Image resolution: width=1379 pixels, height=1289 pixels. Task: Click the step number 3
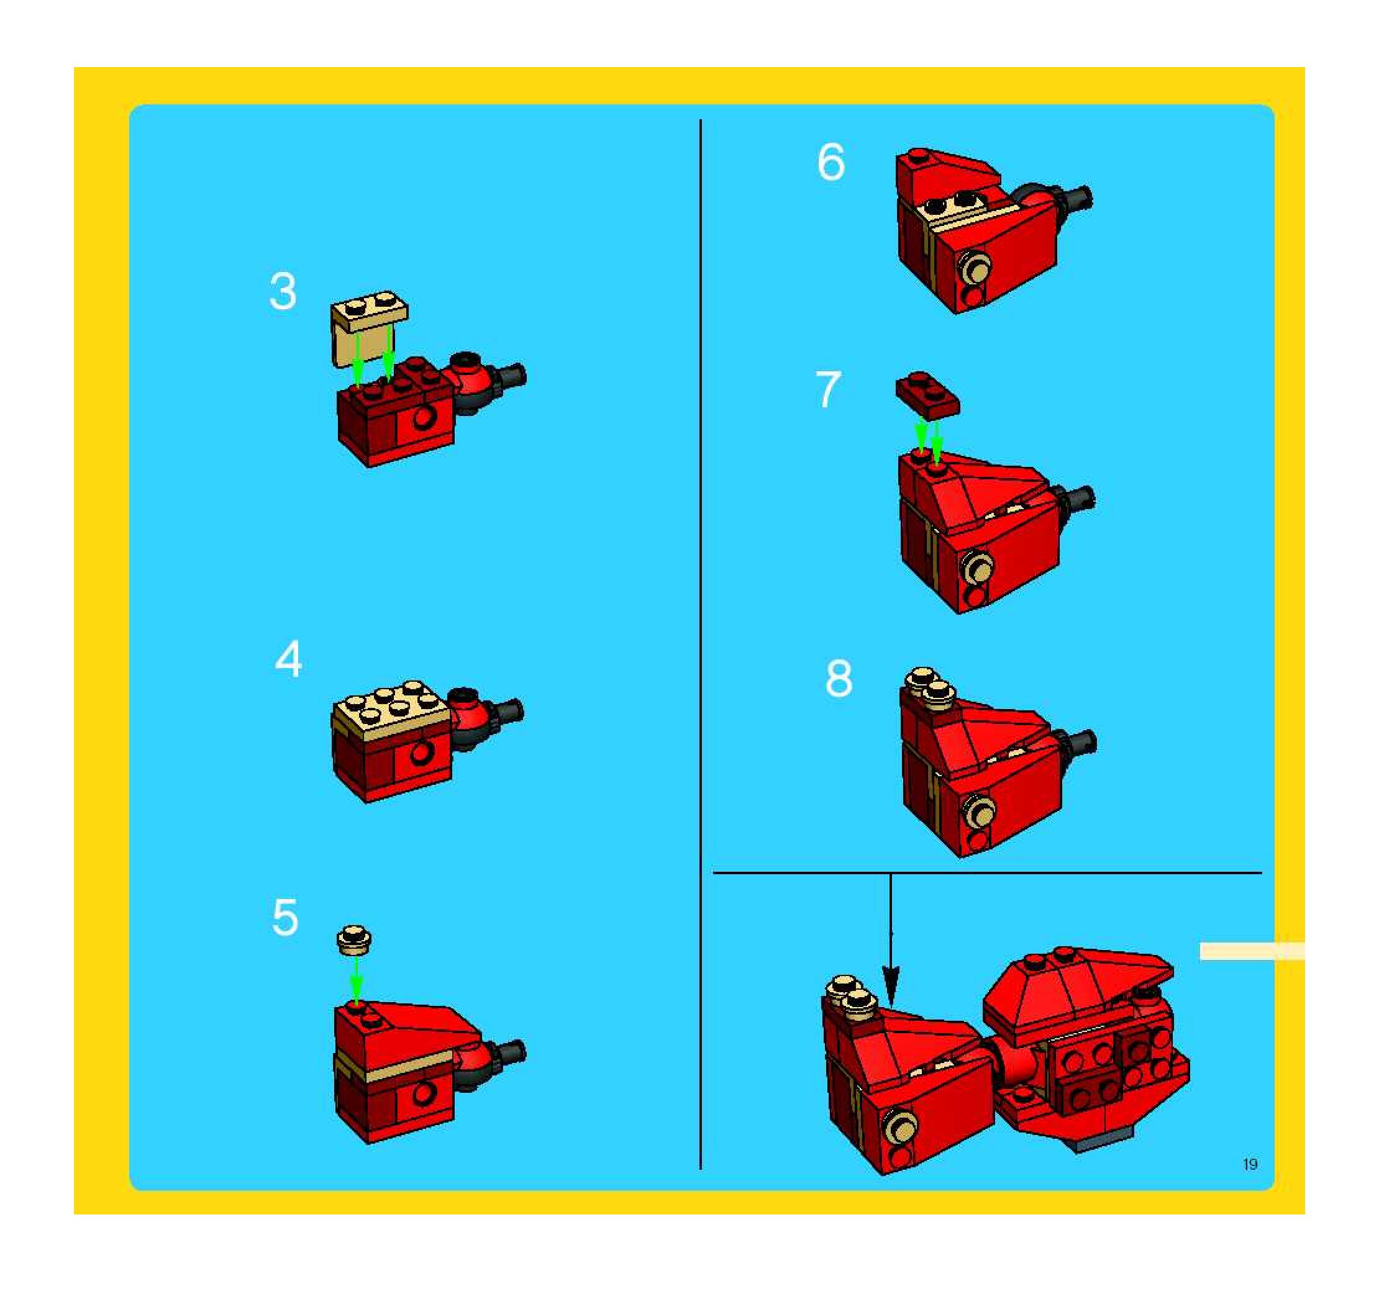282,291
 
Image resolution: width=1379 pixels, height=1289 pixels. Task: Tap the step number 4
289,659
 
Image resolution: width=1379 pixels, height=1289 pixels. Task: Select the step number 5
285,917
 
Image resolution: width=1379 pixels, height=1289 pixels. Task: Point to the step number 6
831,162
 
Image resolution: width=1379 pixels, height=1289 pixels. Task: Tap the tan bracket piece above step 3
368,327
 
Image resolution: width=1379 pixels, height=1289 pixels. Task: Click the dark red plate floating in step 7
927,397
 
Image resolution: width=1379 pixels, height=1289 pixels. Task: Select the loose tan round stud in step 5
355,939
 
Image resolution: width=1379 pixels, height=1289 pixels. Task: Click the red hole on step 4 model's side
421,752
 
